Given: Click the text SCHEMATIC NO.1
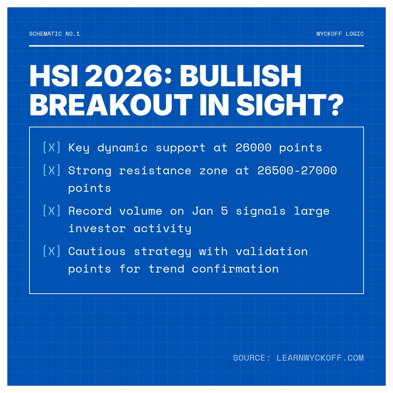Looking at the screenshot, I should [x=55, y=34].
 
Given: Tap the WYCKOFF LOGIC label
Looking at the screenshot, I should [x=340, y=34].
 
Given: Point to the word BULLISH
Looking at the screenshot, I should [x=241, y=76].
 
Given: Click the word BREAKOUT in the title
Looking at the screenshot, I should [x=111, y=106].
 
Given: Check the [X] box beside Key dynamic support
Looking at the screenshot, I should [x=51, y=147].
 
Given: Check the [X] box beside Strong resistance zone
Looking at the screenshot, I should [x=51, y=170].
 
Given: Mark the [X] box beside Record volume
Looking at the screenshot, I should [x=51, y=211].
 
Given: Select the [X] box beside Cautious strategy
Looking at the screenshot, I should [x=51, y=251].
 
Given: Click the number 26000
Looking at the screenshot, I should [x=253, y=148].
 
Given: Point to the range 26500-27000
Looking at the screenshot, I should [x=297, y=171].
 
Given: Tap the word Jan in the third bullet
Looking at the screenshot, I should [x=202, y=211].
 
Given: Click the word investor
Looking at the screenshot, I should [x=97, y=229].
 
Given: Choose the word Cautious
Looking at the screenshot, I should [x=97, y=251].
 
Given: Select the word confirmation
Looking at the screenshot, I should [x=235, y=269].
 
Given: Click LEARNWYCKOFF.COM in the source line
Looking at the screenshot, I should [x=320, y=358].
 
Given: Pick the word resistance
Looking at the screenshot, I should [x=155, y=171].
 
